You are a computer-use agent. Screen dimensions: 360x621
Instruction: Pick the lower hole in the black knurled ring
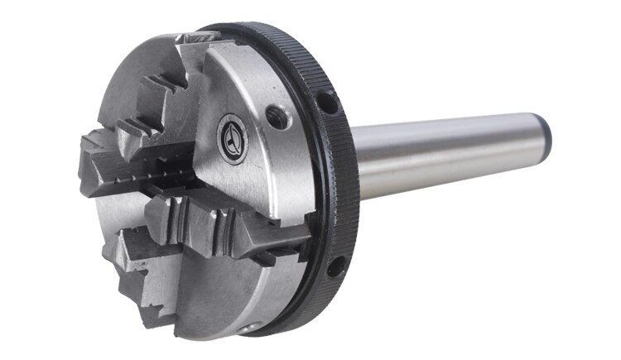(x=335, y=266)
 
